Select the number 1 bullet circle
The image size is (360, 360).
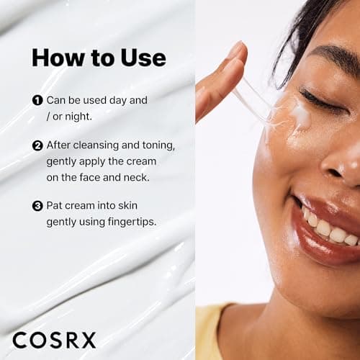click(37, 100)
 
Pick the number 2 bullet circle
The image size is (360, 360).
click(37, 145)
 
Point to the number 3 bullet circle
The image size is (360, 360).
click(37, 206)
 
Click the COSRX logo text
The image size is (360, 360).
click(54, 340)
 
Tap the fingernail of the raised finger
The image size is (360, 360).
click(235, 51)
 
